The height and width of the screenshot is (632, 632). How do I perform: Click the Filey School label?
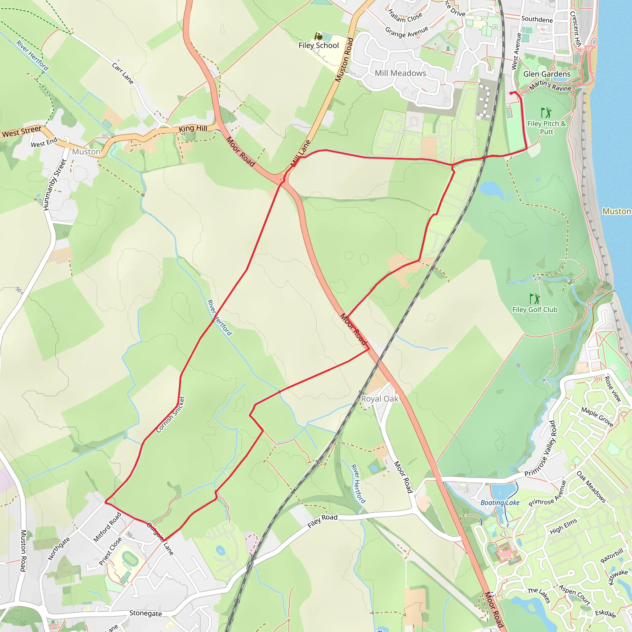[x=318, y=45]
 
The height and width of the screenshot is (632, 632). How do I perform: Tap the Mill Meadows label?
[x=400, y=73]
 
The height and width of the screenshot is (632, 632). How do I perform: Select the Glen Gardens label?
[x=547, y=74]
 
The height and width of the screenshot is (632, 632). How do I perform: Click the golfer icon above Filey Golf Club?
[x=534, y=299]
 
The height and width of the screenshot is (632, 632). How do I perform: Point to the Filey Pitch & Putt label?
[x=546, y=127]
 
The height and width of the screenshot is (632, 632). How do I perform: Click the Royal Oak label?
[x=380, y=399]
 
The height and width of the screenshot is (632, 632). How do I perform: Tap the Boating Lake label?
[x=500, y=503]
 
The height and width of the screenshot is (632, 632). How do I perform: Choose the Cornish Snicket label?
[x=170, y=414]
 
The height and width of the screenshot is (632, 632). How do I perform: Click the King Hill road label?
[x=193, y=129]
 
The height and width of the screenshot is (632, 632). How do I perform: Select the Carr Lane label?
[x=123, y=74]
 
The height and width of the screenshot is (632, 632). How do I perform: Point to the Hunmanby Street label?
[x=55, y=185]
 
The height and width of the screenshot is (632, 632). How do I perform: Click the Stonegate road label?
[x=146, y=613]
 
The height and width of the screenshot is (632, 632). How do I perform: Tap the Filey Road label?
[x=322, y=521]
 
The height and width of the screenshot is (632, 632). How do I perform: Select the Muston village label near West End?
[x=86, y=152]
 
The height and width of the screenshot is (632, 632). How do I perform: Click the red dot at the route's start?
[x=511, y=93]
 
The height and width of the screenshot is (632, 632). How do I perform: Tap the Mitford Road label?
[x=107, y=527]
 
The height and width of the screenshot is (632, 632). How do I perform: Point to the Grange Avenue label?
[x=406, y=32]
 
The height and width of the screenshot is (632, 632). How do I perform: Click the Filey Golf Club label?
[x=534, y=310]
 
